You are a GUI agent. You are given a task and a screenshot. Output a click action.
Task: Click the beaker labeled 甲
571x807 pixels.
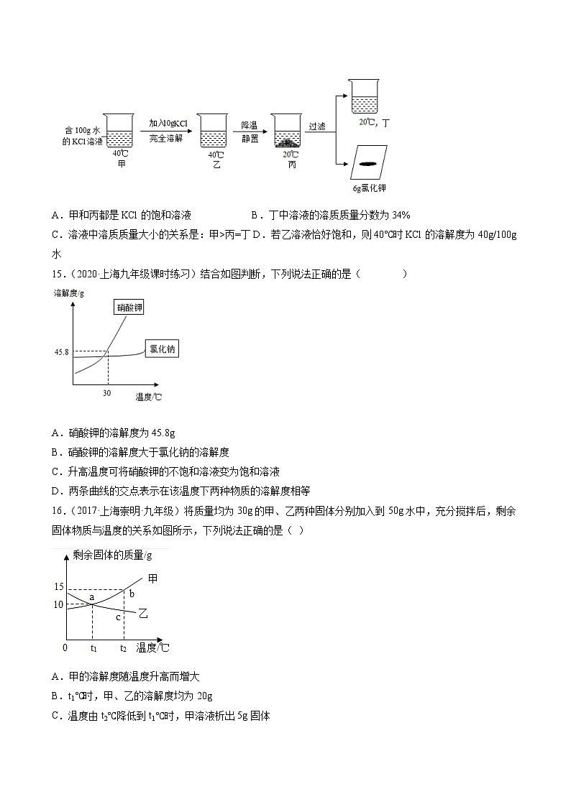click(118, 129)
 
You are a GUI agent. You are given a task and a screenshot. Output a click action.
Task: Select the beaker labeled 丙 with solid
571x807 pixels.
click(286, 131)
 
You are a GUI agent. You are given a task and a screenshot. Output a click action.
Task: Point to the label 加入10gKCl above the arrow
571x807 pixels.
click(168, 124)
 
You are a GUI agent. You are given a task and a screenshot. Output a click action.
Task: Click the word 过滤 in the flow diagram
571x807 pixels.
click(316, 126)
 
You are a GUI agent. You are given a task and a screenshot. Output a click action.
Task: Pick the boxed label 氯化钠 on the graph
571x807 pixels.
click(162, 349)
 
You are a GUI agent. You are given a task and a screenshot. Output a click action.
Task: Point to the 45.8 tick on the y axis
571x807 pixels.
click(60, 353)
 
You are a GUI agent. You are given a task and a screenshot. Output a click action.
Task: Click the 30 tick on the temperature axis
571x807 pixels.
click(107, 394)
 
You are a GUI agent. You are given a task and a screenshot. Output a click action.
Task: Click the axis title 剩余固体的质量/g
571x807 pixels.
click(111, 555)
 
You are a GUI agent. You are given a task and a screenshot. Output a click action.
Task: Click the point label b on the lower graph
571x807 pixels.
click(132, 592)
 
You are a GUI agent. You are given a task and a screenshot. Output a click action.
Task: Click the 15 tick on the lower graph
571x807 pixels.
click(59, 587)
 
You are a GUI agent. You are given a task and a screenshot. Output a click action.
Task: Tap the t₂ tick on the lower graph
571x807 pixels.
click(124, 648)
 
